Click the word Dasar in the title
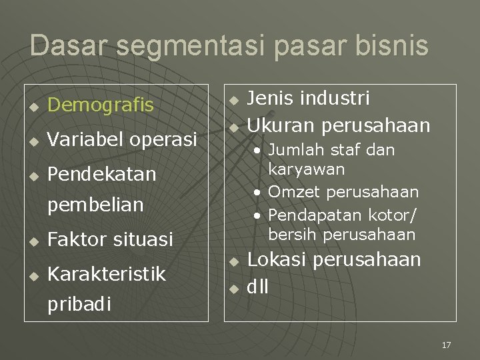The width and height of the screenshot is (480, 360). point(62,45)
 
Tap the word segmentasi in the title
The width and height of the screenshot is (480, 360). point(185,45)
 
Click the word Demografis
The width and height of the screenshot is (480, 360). point(101,105)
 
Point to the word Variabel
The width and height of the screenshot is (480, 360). point(85,139)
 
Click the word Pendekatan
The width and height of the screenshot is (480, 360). point(102,174)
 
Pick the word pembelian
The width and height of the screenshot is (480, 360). point(95,205)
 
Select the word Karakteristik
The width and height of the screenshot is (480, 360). point(107,273)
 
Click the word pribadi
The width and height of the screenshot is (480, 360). point(79,304)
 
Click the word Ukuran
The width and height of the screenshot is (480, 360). point(281,125)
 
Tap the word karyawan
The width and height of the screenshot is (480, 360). point(306,169)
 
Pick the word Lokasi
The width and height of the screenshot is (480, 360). point(279,259)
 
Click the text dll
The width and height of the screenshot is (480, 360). point(258,288)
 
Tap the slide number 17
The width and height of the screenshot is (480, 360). point(446,345)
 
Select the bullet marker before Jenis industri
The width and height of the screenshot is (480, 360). point(233,100)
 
